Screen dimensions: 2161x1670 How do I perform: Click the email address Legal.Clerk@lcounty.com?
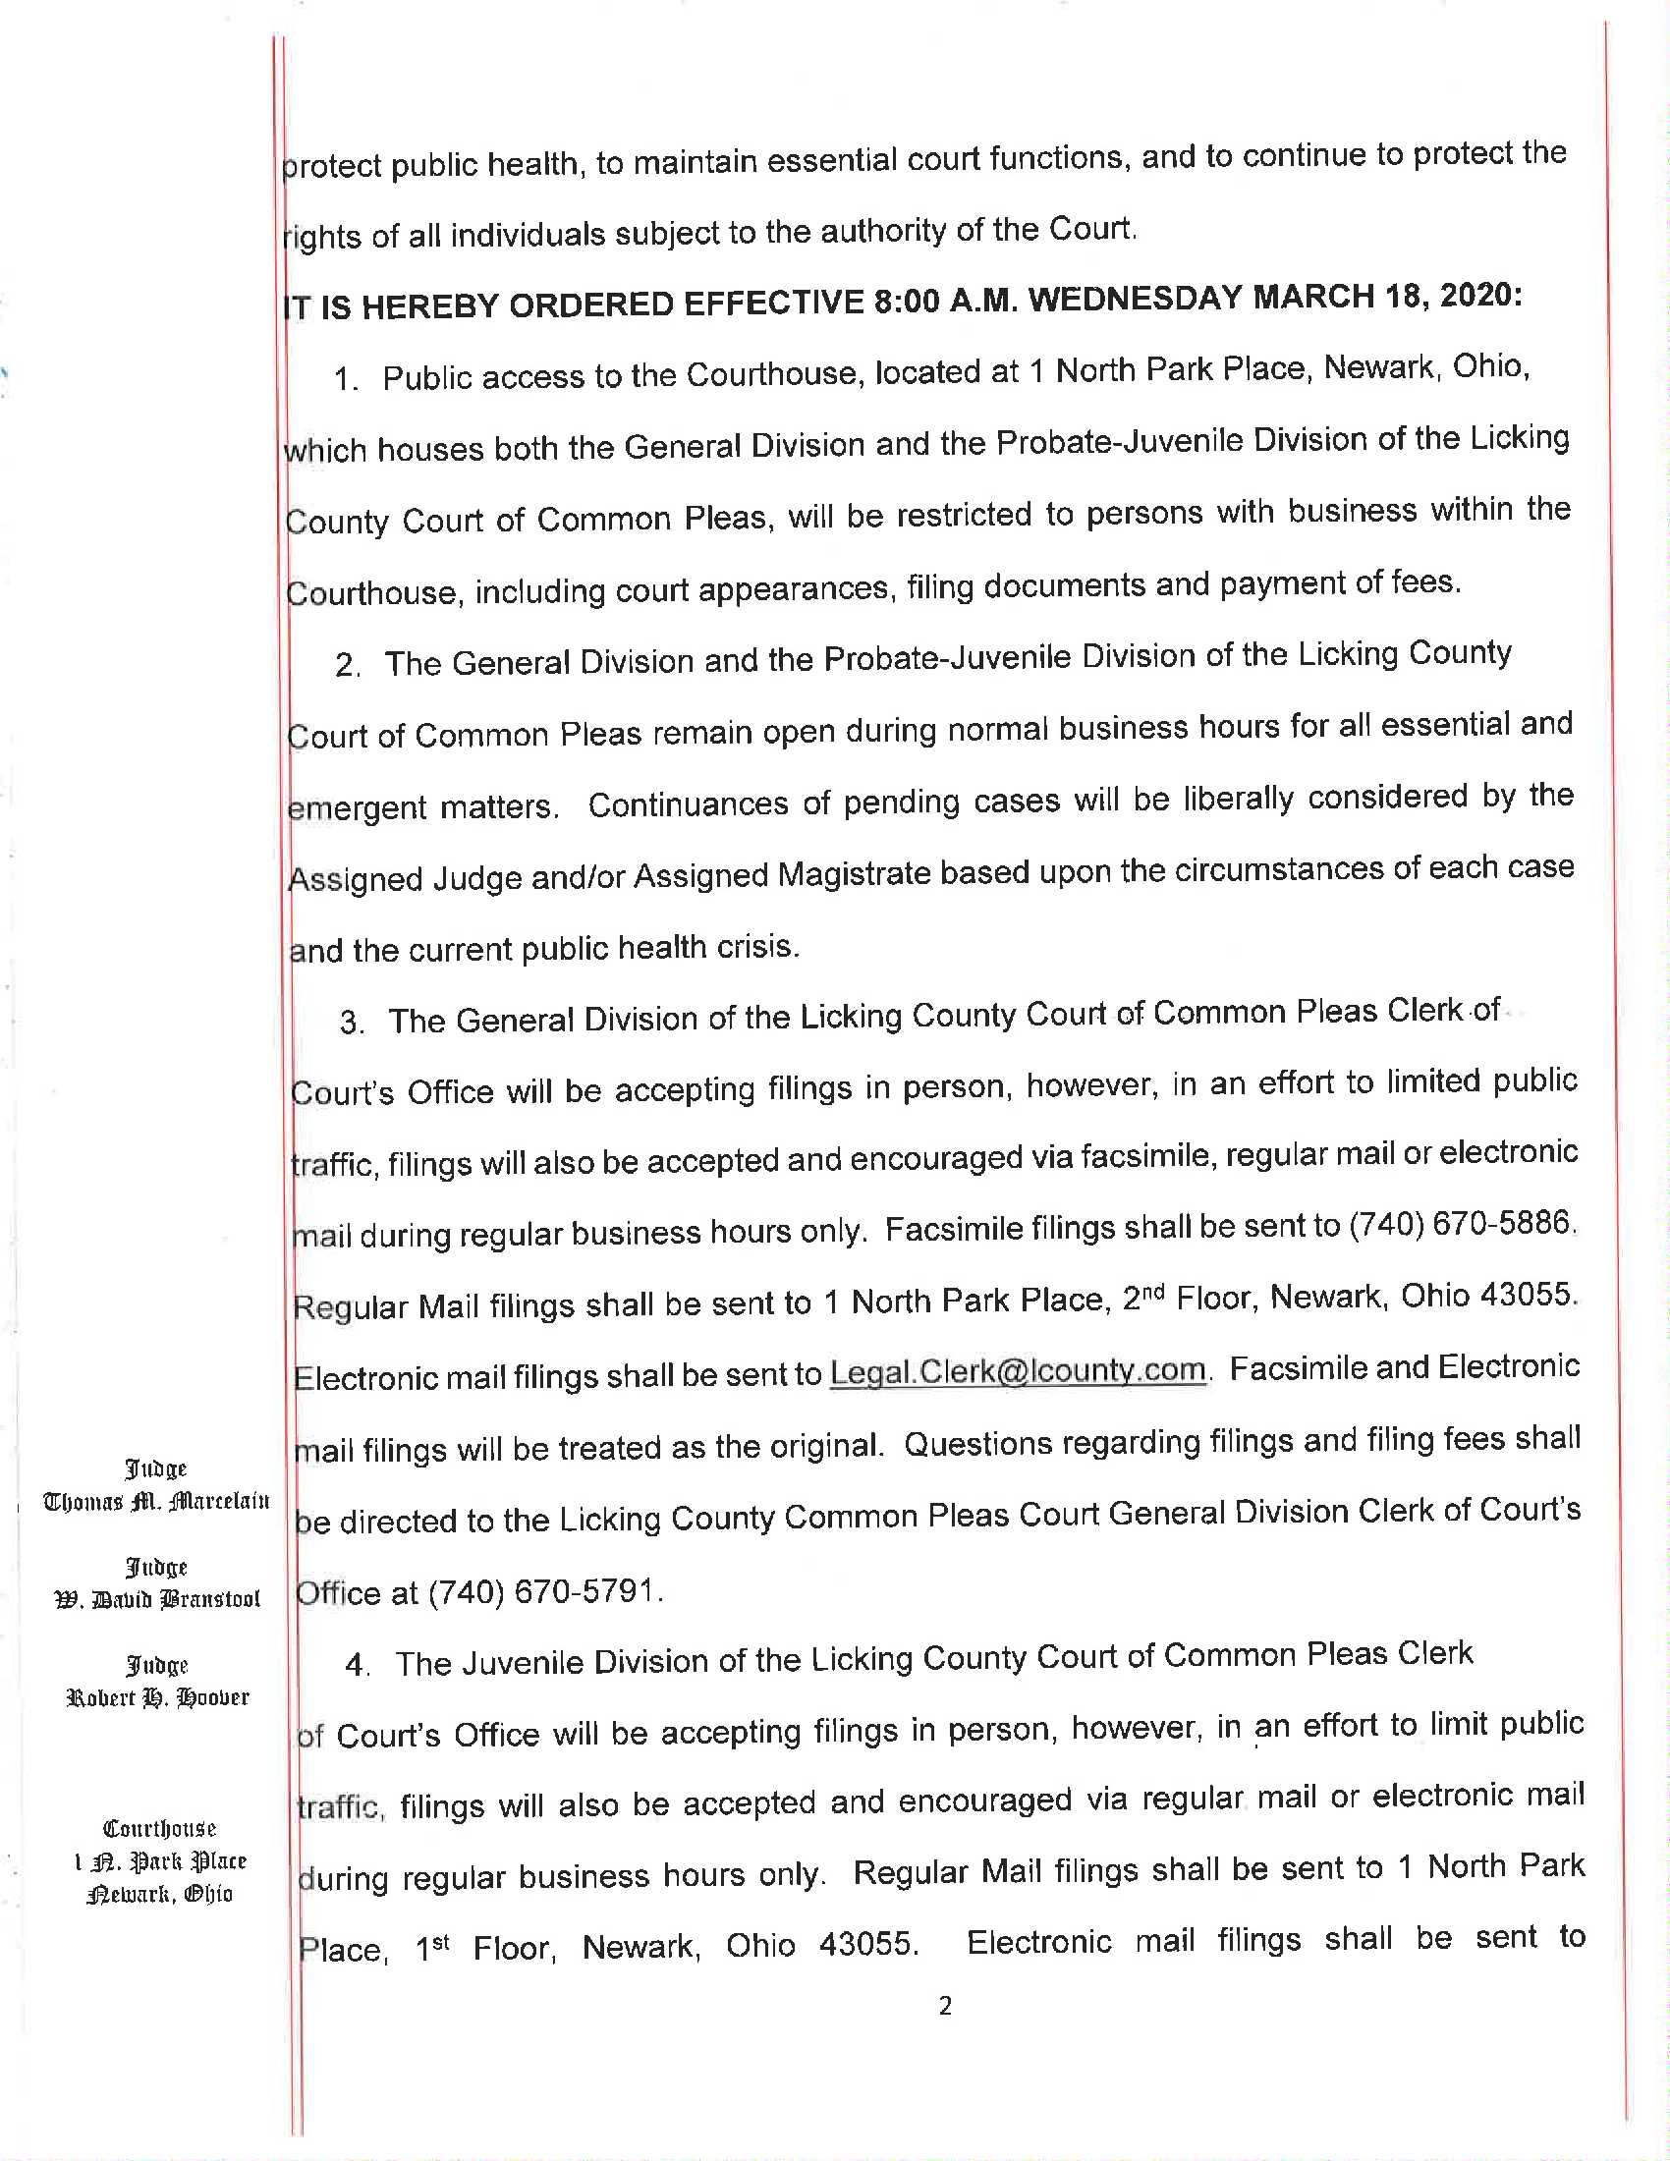click(1017, 1371)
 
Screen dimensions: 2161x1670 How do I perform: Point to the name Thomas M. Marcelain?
click(156, 1501)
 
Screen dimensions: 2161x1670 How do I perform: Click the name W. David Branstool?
click(157, 1599)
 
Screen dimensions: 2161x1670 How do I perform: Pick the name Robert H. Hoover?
click(157, 1698)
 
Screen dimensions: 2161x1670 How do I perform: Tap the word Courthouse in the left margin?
click(159, 1829)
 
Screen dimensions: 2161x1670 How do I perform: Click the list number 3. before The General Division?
click(352, 1023)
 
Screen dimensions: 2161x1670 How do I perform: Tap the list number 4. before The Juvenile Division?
click(358, 1665)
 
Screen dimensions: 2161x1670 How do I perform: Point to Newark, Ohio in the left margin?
click(159, 1894)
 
